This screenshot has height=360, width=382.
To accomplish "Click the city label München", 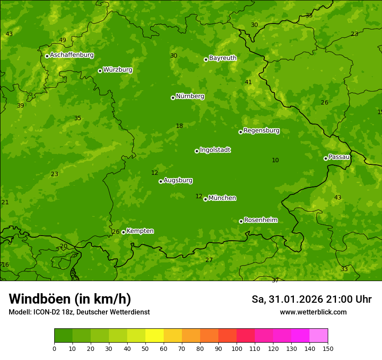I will (222, 198).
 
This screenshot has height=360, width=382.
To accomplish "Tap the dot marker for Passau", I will (326, 158).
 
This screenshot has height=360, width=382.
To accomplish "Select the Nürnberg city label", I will (190, 96).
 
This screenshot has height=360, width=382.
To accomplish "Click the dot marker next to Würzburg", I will (100, 71).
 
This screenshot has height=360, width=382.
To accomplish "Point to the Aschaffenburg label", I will (72, 55).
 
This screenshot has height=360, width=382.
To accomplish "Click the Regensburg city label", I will (261, 131).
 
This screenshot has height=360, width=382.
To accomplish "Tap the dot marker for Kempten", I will (123, 232).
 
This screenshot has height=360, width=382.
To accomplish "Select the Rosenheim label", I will (260, 220).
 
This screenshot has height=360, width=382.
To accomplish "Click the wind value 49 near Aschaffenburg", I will (63, 40).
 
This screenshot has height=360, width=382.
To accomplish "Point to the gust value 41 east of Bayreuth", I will (248, 82).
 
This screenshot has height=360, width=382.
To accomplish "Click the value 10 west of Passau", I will (275, 160).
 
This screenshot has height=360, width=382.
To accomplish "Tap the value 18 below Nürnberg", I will (179, 126).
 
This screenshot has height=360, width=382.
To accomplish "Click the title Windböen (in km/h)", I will (70, 299).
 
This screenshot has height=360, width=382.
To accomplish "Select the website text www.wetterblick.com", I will (313, 312).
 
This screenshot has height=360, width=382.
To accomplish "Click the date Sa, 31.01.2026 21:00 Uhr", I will (311, 299).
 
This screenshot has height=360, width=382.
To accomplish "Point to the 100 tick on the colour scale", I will (237, 348).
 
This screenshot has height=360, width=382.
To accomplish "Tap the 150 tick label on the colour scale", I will (328, 348).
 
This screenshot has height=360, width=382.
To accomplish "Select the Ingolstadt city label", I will (215, 150).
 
